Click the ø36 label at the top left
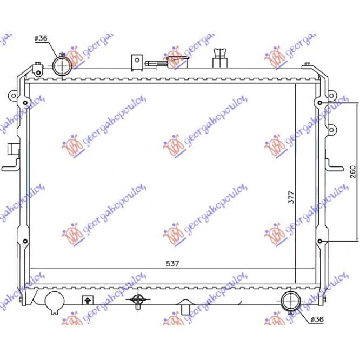(x=41, y=37)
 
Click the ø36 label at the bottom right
(x=317, y=319)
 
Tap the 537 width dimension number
(x=172, y=263)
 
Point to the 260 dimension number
(x=353, y=171)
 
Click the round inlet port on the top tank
(x=62, y=66)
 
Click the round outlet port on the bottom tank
(x=291, y=300)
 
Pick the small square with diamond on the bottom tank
(x=86, y=299)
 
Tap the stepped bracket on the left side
(x=11, y=157)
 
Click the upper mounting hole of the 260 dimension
(x=321, y=103)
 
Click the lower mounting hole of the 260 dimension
(x=321, y=241)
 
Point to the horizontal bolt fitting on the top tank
(x=157, y=63)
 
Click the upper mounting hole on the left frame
(x=24, y=103)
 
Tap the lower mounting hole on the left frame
(x=24, y=241)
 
